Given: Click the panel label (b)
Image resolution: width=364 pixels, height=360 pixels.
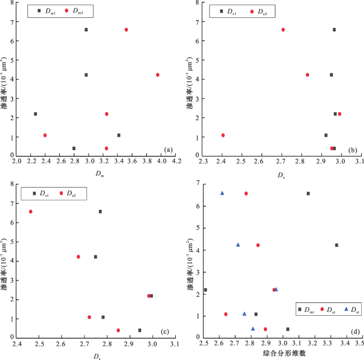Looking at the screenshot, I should click(352, 150).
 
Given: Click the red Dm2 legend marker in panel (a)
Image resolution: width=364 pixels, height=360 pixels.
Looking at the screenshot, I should click(67, 11).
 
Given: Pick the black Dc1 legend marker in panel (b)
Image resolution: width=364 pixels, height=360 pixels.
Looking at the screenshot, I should click(222, 11).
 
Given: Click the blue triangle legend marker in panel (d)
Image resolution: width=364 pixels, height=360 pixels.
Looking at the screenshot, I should click(346, 309).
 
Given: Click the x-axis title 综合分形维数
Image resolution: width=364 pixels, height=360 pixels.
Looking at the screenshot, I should click(281, 354).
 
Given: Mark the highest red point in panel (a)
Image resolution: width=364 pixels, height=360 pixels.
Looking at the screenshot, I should click(126, 30).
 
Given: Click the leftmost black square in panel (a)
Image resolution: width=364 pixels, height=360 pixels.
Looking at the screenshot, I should click(35, 114).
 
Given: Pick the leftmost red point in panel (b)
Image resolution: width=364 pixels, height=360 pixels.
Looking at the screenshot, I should click(223, 135).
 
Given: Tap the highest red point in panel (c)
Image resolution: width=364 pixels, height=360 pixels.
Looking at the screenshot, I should click(30, 212).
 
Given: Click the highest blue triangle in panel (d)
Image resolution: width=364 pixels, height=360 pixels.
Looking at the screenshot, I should click(222, 193).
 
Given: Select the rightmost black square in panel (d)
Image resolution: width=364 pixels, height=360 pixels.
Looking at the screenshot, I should click(337, 245).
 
